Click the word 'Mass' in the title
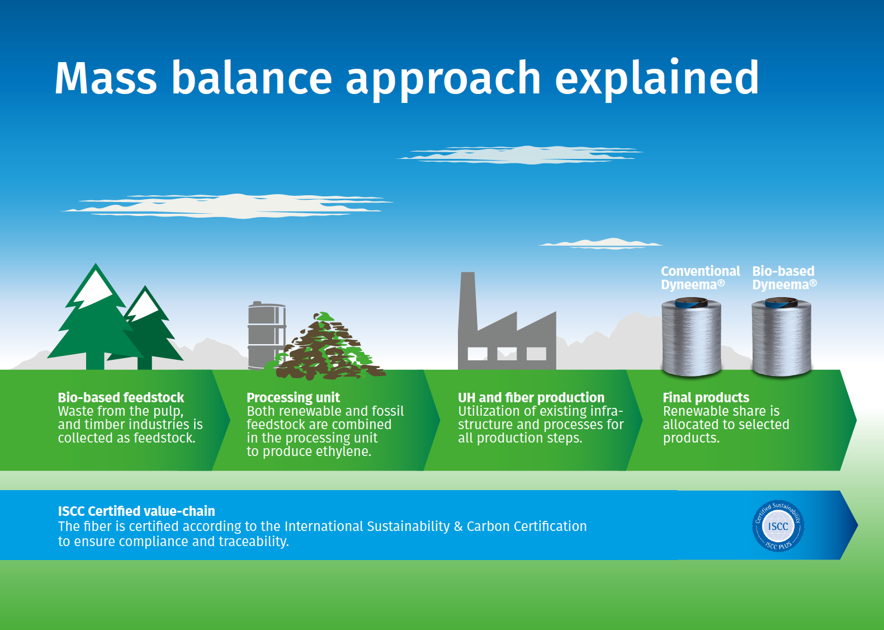pos(106,78)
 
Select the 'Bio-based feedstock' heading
pos(121,397)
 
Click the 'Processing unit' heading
pos(293,398)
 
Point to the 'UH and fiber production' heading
pos(531,398)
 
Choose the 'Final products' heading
pos(706,398)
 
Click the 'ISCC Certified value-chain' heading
pos(136,511)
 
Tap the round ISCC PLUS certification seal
pos(778,525)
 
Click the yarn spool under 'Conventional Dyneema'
pos(691,337)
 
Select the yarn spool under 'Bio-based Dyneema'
pos(781,337)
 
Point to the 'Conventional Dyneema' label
pos(701,278)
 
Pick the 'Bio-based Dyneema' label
pos(784,278)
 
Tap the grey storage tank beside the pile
pos(266,335)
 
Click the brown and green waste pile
pos(325,347)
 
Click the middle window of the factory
pos(507,354)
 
